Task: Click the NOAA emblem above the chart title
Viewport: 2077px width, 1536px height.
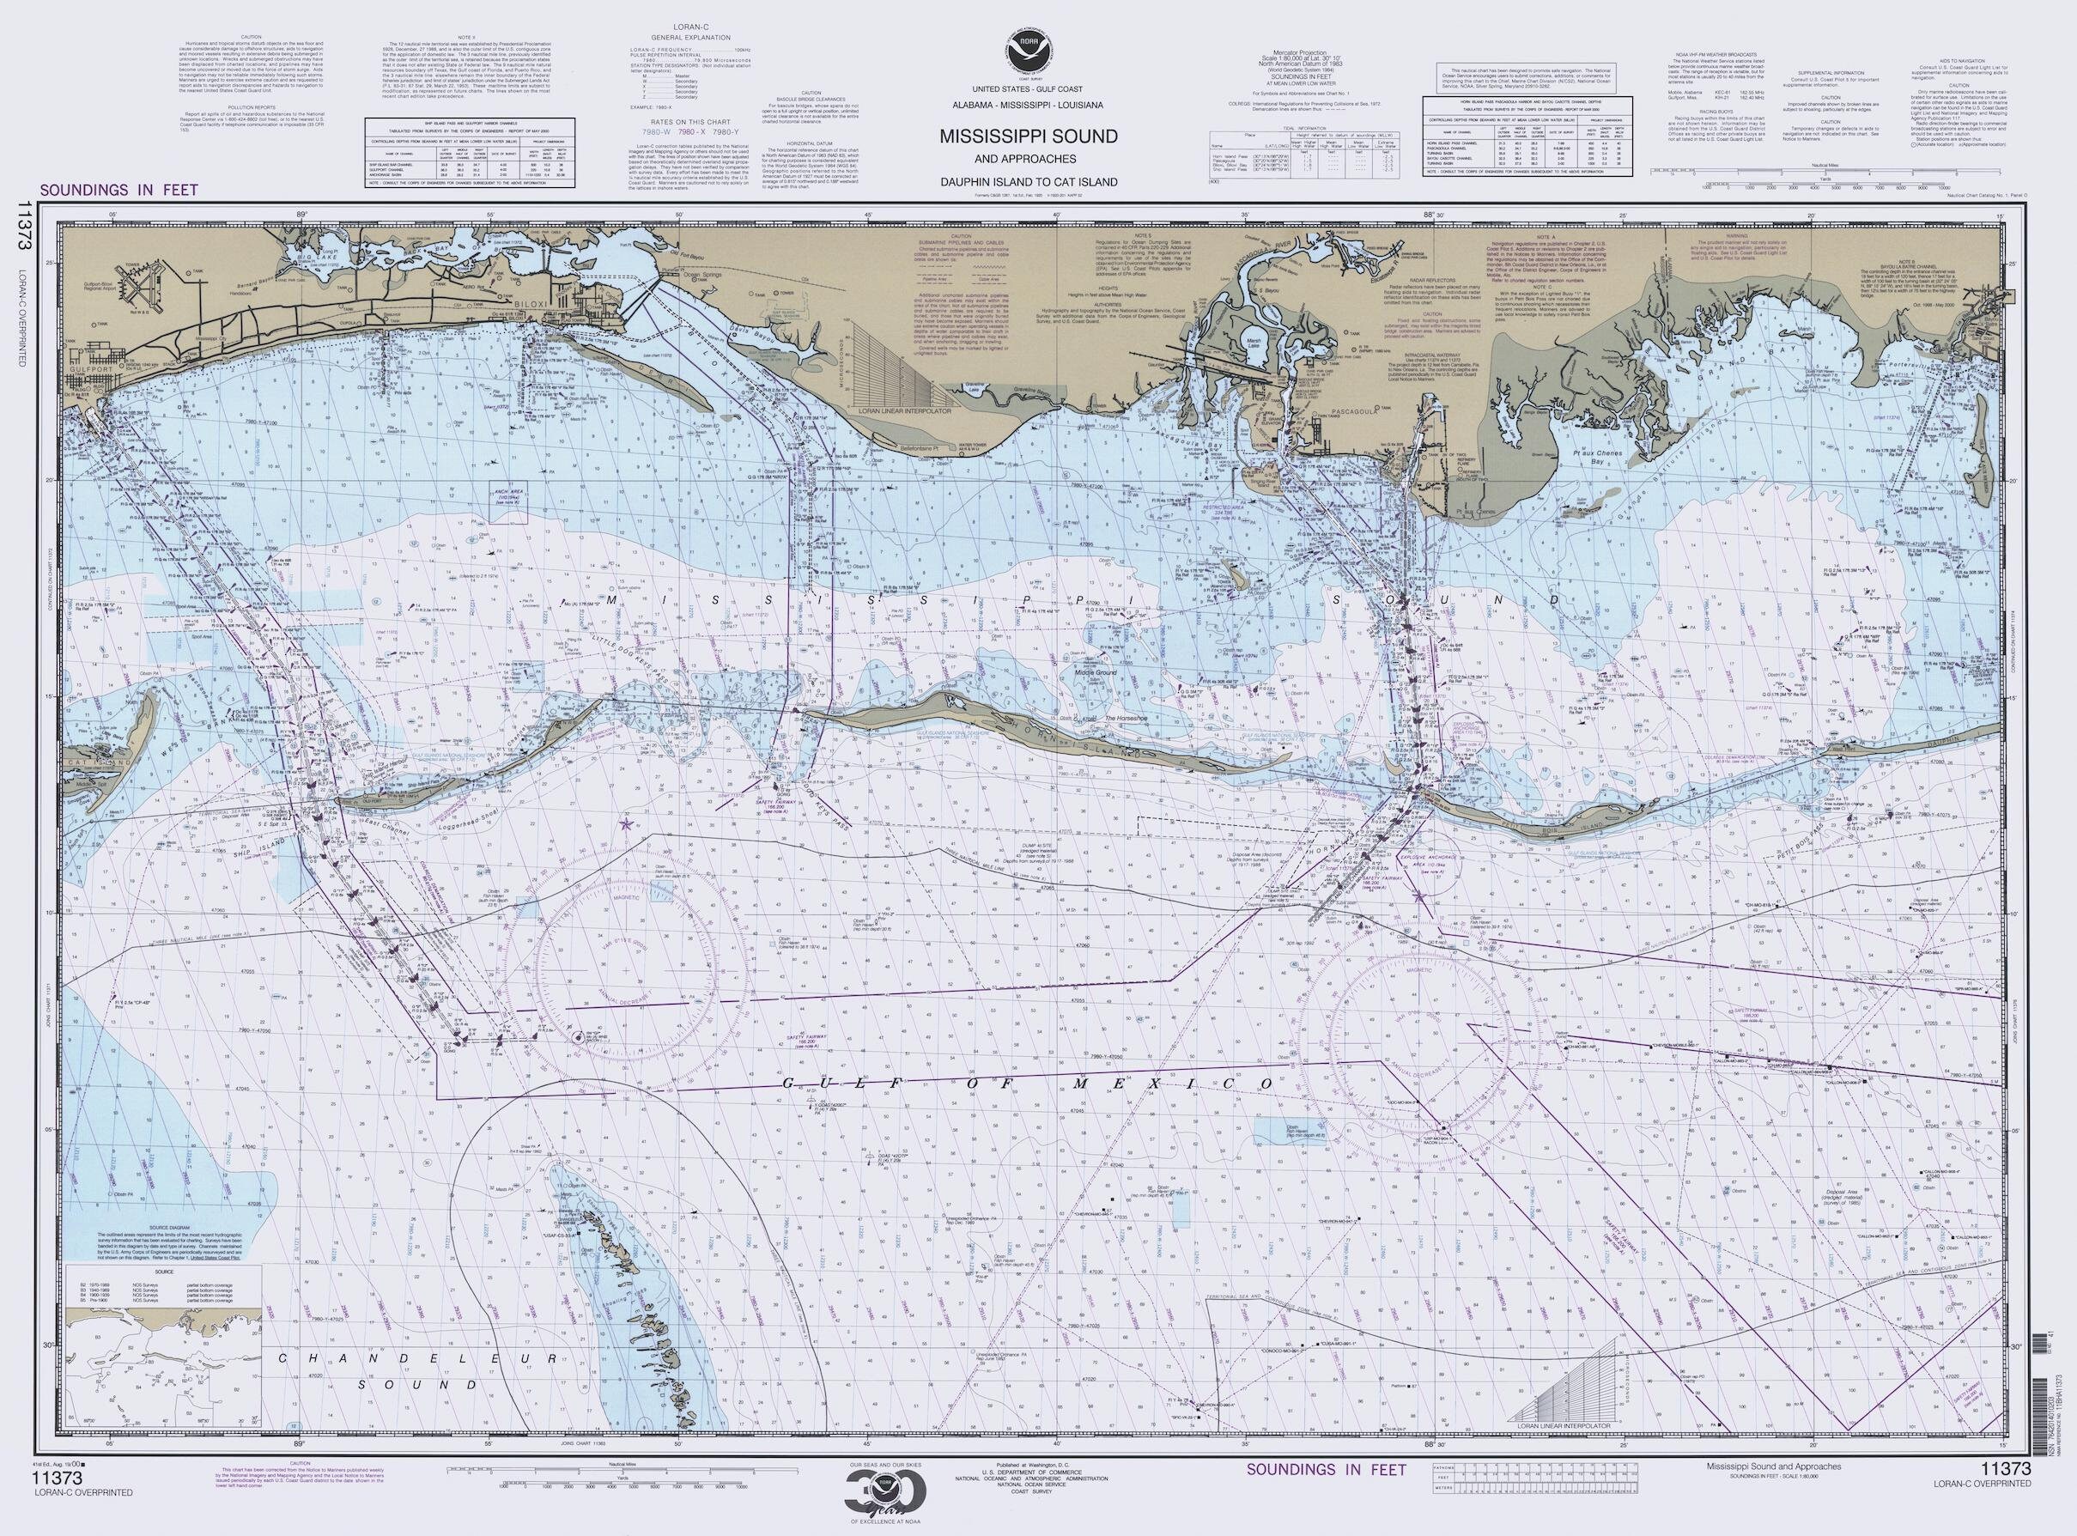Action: pyautogui.click(x=1028, y=47)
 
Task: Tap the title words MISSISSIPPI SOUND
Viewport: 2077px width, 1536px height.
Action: pyautogui.click(x=1028, y=136)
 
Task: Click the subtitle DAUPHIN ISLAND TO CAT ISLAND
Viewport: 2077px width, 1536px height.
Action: pyautogui.click(x=1028, y=182)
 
